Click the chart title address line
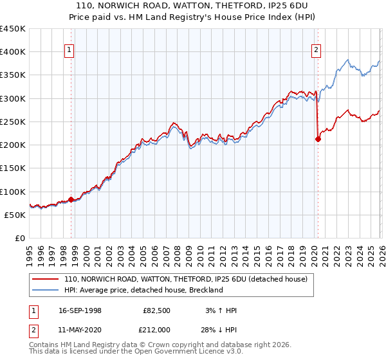193,5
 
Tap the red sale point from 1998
71,199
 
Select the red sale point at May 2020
318,139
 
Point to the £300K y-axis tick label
13,98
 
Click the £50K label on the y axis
15,215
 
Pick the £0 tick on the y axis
21,238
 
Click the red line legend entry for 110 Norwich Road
186,280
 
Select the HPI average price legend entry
143,290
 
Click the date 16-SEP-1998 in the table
79,310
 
